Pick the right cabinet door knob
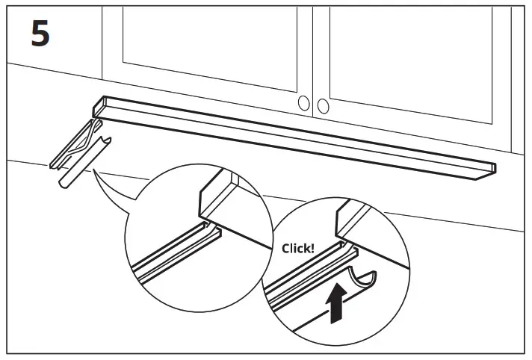tap(324, 106)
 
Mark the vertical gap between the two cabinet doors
tap(315, 60)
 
